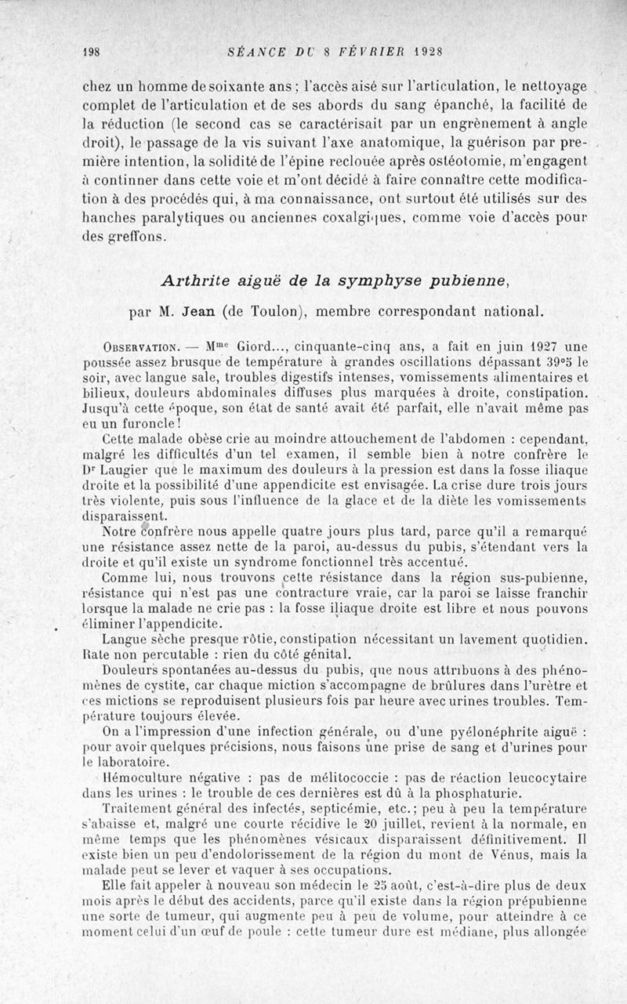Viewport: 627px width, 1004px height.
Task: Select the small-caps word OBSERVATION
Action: click(x=141, y=347)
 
